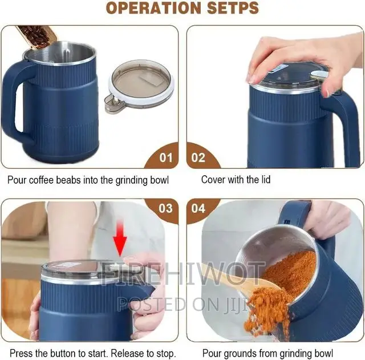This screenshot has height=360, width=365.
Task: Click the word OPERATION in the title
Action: (150, 9)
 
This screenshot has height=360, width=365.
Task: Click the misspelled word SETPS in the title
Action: (230, 9)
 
